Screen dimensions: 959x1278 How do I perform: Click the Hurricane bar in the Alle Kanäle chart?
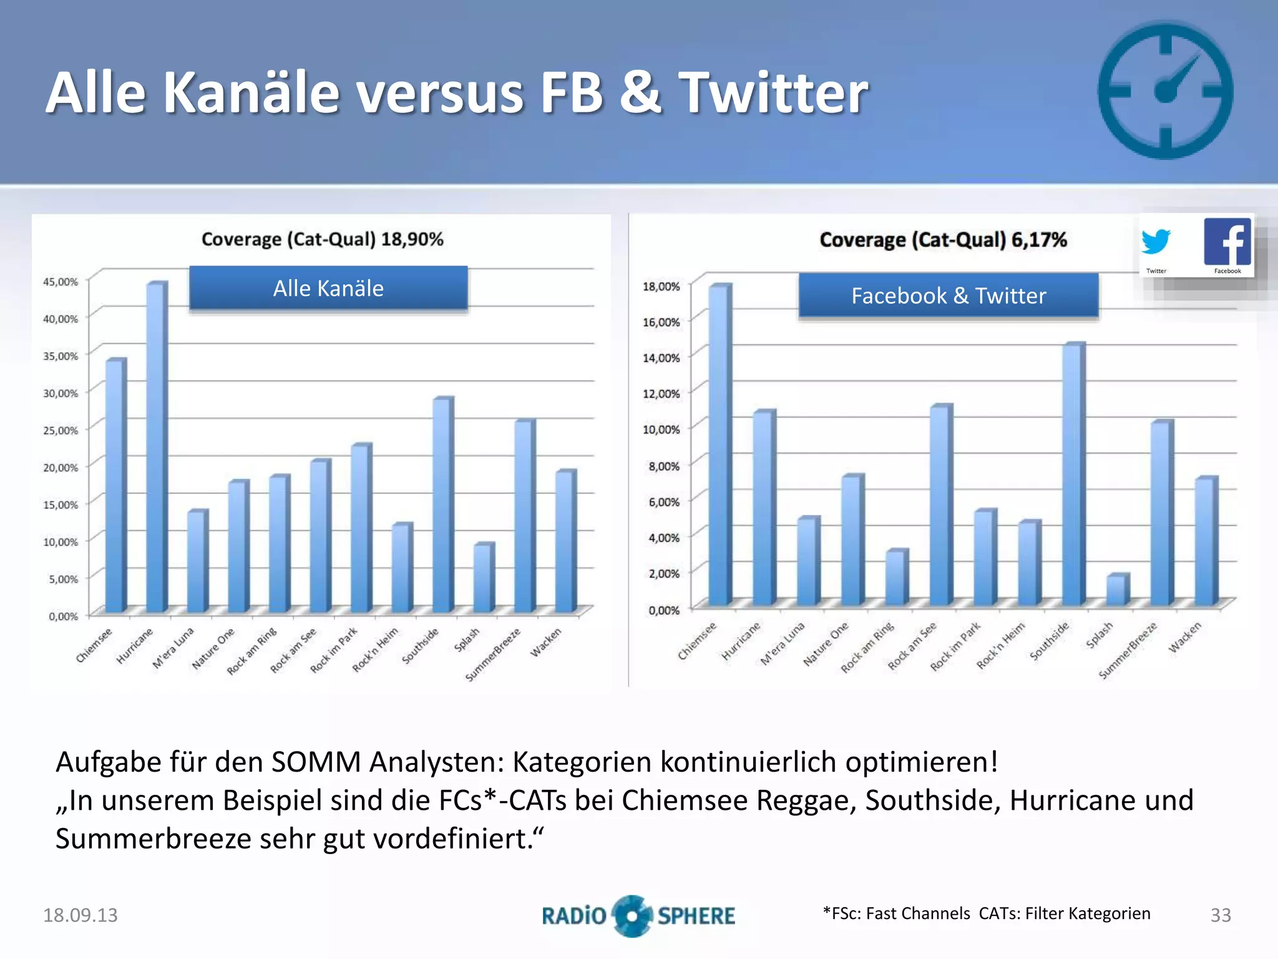point(156,446)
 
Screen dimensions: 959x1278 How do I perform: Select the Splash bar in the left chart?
point(483,578)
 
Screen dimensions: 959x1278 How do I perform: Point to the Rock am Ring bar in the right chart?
point(896,577)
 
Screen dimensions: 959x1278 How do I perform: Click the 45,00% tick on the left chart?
point(61,282)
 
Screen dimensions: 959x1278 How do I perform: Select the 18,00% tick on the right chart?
point(661,287)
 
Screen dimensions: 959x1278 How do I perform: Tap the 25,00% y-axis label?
point(61,430)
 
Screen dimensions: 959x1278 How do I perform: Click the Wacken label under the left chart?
point(546,642)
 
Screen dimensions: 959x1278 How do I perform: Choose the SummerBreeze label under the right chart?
point(1128,651)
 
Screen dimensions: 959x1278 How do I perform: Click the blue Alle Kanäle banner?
point(328,288)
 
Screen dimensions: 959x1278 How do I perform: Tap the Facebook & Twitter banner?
point(949,295)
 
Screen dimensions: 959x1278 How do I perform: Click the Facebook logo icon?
point(1227,242)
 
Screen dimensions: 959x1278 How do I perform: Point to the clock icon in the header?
point(1165,91)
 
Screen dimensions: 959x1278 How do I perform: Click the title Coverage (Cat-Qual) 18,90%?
point(322,239)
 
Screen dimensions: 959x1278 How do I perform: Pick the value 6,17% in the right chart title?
point(1039,240)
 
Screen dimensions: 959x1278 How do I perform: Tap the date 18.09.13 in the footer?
point(80,915)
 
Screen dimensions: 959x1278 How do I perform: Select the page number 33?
point(1221,915)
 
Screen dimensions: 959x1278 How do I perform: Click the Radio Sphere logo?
point(638,916)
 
